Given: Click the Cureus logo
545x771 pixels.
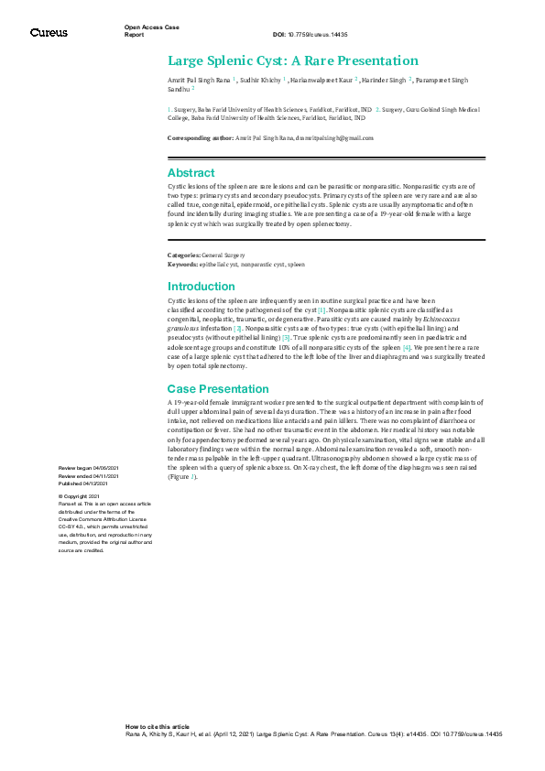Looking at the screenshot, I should [x=49, y=33].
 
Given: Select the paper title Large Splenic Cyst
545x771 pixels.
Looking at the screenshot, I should [x=292, y=61].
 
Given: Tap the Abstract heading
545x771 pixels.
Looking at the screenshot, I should [x=191, y=172].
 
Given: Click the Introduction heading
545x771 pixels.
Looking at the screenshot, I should [x=201, y=287].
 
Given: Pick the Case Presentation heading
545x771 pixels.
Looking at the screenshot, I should [x=218, y=388].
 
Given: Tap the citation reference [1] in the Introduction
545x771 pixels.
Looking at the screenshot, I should [x=322, y=309].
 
